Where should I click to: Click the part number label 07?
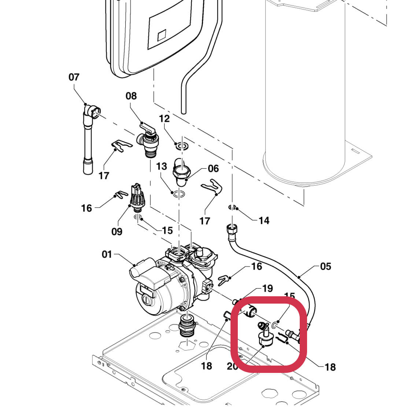pyautogui.click(x=74, y=77)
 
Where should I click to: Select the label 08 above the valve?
pyautogui.click(x=131, y=96)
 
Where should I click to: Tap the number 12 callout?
pyautogui.click(x=165, y=118)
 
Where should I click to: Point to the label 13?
pyautogui.click(x=162, y=166)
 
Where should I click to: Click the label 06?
pyautogui.click(x=213, y=168)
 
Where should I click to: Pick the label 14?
pyautogui.click(x=264, y=220)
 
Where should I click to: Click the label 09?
pyautogui.click(x=117, y=231)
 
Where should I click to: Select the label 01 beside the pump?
pyautogui.click(x=107, y=254)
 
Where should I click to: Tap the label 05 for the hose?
pyautogui.click(x=325, y=266)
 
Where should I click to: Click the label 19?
pyautogui.click(x=267, y=288)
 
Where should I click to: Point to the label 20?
pyautogui.click(x=233, y=366)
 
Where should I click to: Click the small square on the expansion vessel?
pyautogui.click(x=162, y=36)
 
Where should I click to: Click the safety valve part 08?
pyautogui.click(x=147, y=141)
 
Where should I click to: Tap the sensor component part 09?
pyautogui.click(x=136, y=198)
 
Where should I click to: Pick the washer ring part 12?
pyautogui.click(x=181, y=146)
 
